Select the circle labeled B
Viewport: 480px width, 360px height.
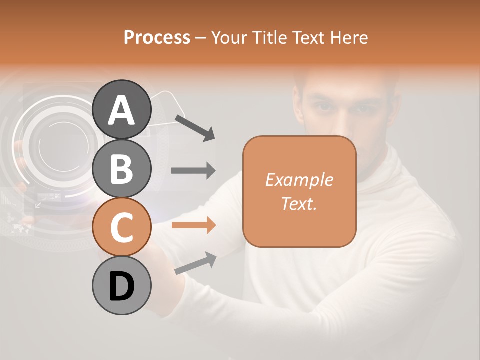pyautogui.click(x=121, y=168)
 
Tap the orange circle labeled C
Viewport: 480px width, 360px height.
pyautogui.click(x=121, y=227)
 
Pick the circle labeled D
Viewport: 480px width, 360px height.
pyautogui.click(x=121, y=285)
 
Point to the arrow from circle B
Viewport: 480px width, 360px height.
pyautogui.click(x=193, y=171)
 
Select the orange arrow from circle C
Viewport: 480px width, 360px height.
pyautogui.click(x=193, y=225)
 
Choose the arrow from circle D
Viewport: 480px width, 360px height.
pyautogui.click(x=195, y=263)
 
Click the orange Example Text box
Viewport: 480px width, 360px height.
pyautogui.click(x=299, y=191)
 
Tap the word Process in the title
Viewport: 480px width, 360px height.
pyautogui.click(x=157, y=37)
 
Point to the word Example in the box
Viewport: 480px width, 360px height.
pyautogui.click(x=299, y=180)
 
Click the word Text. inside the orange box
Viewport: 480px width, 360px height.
pyautogui.click(x=299, y=203)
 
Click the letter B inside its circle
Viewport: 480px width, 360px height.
pyautogui.click(x=121, y=168)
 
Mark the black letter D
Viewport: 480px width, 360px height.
pyautogui.click(x=121, y=286)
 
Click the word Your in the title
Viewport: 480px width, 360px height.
pyautogui.click(x=228, y=37)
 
